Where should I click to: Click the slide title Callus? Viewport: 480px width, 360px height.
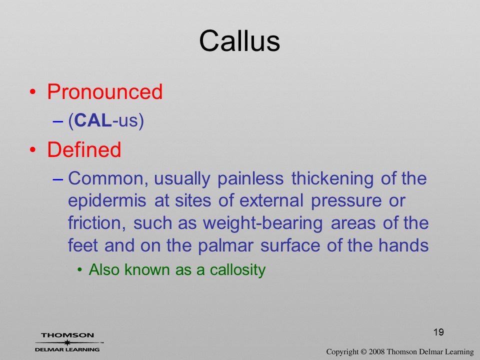(x=239, y=41)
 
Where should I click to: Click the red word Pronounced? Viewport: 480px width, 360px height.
(x=104, y=91)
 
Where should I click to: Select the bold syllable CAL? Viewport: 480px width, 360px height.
(x=93, y=120)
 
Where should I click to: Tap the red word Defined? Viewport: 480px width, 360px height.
(x=84, y=149)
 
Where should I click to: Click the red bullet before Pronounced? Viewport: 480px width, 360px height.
(x=33, y=92)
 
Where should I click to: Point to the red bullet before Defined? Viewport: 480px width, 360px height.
(x=33, y=149)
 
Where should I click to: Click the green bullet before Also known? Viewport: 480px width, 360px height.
(x=80, y=270)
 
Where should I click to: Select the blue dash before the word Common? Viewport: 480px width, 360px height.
(x=58, y=179)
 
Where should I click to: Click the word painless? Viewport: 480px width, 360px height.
(x=250, y=179)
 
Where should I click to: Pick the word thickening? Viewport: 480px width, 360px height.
(x=332, y=179)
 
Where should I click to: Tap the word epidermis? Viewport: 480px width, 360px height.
(x=107, y=201)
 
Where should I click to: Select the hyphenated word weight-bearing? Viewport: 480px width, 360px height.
(x=263, y=223)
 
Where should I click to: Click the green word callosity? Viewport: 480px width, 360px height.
(x=238, y=270)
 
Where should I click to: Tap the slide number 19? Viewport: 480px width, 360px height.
(x=438, y=332)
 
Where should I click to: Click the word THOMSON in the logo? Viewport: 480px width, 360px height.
(x=67, y=335)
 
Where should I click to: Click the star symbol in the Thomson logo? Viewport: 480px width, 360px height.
(x=67, y=342)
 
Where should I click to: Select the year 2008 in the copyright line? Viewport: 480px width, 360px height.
(x=376, y=351)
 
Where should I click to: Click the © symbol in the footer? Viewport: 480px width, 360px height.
(x=363, y=351)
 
